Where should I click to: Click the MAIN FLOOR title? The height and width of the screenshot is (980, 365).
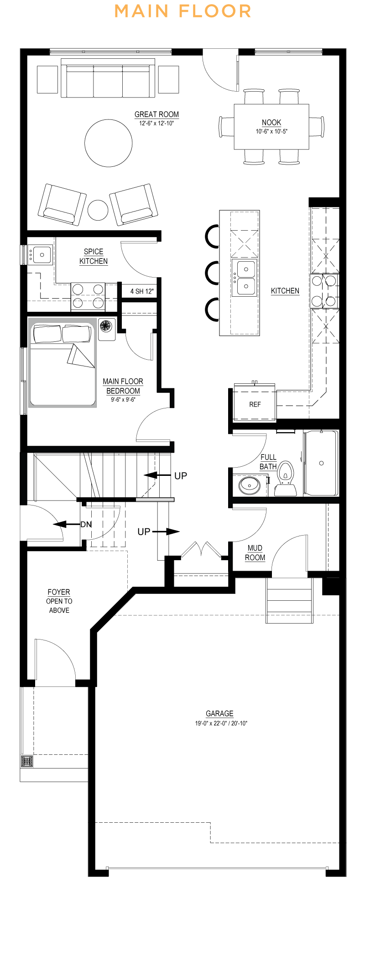pyautogui.click(x=182, y=11)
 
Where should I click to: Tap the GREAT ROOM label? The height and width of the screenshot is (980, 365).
pyautogui.click(x=156, y=114)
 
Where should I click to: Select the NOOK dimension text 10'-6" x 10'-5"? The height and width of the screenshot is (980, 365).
pyautogui.click(x=271, y=132)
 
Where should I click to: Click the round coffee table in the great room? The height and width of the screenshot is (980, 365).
pyautogui.click(x=109, y=143)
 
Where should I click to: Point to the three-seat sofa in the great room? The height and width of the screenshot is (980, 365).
pyautogui.click(x=108, y=80)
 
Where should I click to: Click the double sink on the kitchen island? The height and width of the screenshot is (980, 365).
pyautogui.click(x=244, y=278)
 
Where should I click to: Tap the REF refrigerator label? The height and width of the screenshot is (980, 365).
pyautogui.click(x=255, y=404)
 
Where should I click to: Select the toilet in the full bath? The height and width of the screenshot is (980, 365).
pyautogui.click(x=286, y=479)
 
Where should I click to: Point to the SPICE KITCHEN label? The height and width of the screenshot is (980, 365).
pyautogui.click(x=94, y=256)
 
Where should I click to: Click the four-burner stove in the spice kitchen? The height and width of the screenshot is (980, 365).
pyautogui.click(x=88, y=296)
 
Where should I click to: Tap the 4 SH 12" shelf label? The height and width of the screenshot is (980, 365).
pyautogui.click(x=142, y=291)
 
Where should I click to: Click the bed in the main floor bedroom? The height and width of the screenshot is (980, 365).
pyautogui.click(x=63, y=363)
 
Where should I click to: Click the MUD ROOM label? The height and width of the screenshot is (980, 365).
pyautogui.click(x=255, y=552)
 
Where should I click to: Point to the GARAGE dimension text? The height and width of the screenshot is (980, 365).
pyautogui.click(x=221, y=723)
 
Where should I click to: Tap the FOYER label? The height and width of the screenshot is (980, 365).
pyautogui.click(x=59, y=592)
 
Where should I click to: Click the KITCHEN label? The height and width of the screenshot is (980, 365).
pyautogui.click(x=285, y=291)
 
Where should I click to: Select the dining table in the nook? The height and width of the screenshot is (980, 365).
pyautogui.click(x=271, y=126)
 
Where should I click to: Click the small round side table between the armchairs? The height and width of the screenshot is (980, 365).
pyautogui.click(x=98, y=210)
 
